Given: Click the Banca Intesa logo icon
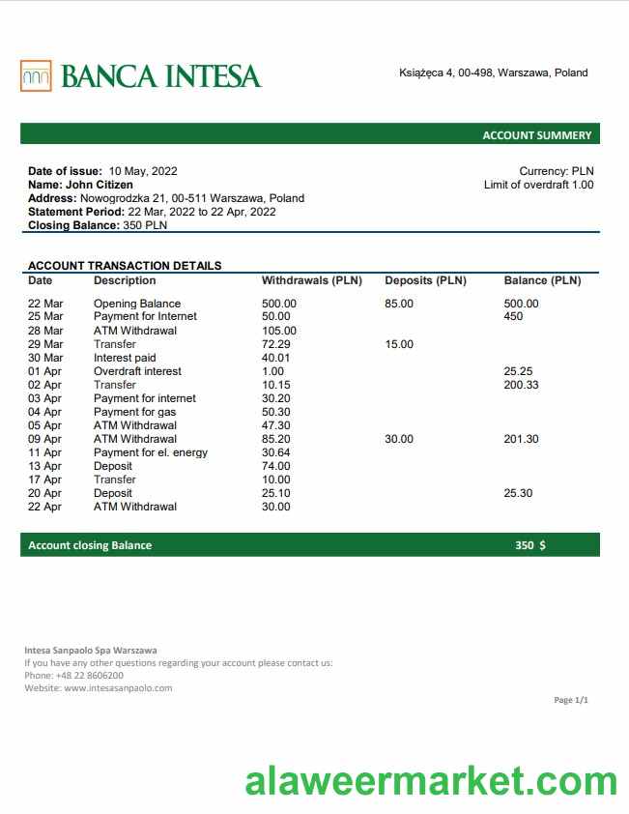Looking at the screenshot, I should (36, 75).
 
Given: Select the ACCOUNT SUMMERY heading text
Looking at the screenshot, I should (536, 135).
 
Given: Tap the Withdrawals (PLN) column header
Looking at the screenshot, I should (311, 280).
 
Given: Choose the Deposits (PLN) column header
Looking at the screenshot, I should (425, 280).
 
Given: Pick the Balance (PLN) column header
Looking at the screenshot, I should (542, 280).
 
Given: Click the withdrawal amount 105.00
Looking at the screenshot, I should (279, 331).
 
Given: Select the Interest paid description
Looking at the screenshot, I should (125, 358).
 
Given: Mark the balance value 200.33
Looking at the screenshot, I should (522, 385).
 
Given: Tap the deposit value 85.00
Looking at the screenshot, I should (399, 304).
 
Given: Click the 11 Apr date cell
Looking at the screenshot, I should (44, 452).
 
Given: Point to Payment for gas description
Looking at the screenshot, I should (134, 412).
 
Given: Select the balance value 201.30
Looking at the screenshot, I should (522, 439).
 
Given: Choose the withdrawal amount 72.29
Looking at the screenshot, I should (276, 344).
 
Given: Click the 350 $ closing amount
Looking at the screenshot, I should (529, 545).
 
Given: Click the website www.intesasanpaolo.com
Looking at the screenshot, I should (118, 688).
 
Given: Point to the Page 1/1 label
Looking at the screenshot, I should (570, 700).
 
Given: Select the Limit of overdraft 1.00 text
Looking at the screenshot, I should (538, 185).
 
